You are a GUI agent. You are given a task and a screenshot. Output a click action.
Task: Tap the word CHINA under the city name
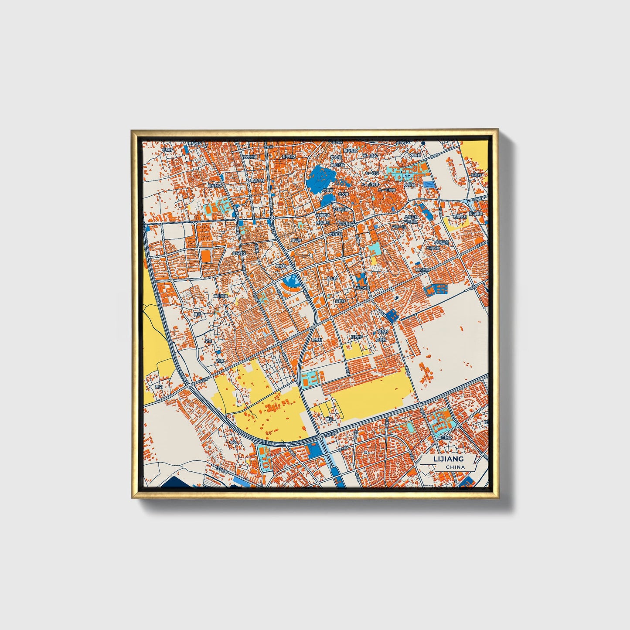point(455,467)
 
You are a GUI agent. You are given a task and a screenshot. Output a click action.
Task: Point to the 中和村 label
point(167,150)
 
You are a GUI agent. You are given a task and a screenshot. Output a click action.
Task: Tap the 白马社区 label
point(238,252)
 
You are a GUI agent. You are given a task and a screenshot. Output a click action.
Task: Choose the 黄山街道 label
point(220,296)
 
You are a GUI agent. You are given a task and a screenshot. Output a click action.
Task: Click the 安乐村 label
point(475,174)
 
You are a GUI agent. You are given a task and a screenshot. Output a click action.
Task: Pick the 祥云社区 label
point(362,288)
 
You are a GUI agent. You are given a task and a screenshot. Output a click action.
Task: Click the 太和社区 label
point(335,234)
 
